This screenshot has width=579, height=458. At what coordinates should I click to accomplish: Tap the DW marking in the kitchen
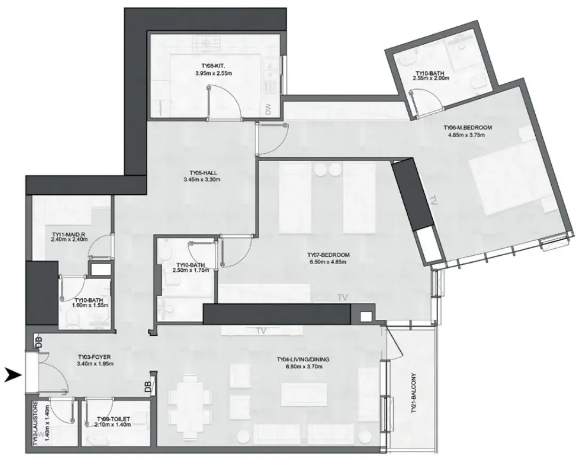click(x=269, y=109)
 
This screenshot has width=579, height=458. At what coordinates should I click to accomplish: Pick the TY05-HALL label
click(x=202, y=173)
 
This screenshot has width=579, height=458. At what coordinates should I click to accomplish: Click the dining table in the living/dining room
click(x=187, y=399)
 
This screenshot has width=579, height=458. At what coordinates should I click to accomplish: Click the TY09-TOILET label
click(x=114, y=420)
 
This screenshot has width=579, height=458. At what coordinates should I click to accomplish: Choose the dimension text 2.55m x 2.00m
click(x=431, y=78)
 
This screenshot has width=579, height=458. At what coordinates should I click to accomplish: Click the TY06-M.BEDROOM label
click(x=467, y=128)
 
